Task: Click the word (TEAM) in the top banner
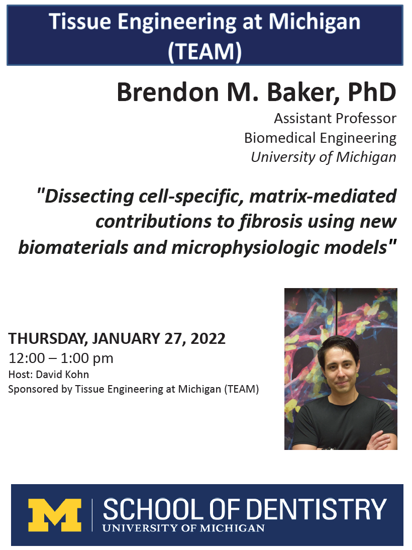point(205,51)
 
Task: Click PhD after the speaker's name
point(372,93)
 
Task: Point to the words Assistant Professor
point(335,119)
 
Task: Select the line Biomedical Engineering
point(320,138)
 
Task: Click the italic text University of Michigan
point(323,157)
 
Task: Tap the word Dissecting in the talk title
point(89,197)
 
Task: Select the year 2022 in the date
point(209,339)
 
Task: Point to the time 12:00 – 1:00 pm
point(61,358)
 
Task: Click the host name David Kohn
point(62,375)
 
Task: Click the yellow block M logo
point(55,515)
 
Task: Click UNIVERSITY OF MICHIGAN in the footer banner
point(183,528)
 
